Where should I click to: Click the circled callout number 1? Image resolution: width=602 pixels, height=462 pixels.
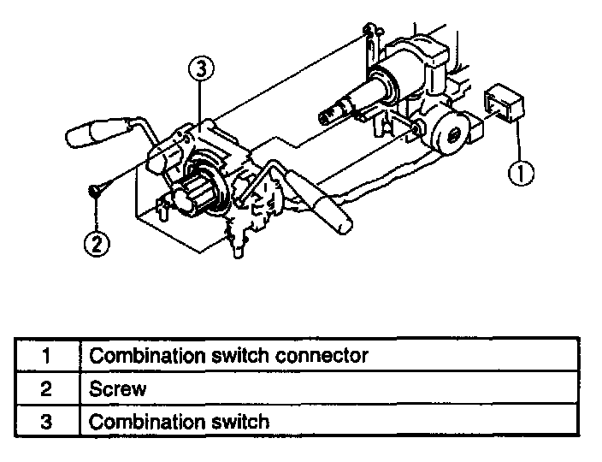pyautogui.click(x=521, y=174)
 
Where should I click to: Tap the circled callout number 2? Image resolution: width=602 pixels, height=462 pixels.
pyautogui.click(x=96, y=244)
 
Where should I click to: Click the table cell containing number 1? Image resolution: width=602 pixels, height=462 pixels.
pyautogui.click(x=47, y=355)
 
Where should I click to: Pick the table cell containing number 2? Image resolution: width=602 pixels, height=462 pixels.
pyautogui.click(x=47, y=388)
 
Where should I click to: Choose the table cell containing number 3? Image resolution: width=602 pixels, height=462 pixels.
pyautogui.click(x=47, y=422)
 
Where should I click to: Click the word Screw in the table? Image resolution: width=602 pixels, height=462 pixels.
pyautogui.click(x=118, y=388)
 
